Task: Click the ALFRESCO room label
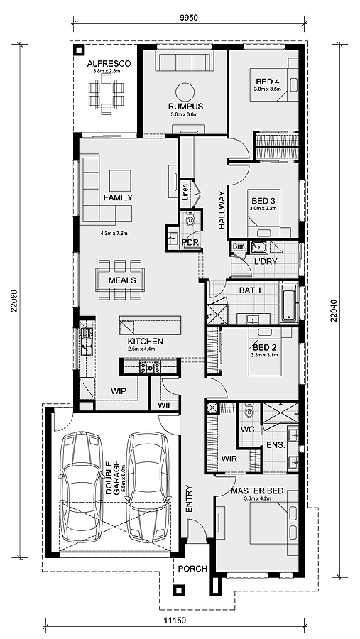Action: point(109,64)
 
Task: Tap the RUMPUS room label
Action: point(185,106)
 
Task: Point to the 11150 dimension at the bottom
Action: point(175,621)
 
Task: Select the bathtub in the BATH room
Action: point(289,302)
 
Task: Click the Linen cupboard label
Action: point(185,192)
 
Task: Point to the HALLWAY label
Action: point(222,210)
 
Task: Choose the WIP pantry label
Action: point(119,391)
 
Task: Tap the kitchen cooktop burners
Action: point(150,367)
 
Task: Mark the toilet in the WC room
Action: point(249,413)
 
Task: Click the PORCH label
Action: point(192,569)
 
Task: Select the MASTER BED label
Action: point(257,491)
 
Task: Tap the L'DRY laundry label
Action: point(266,261)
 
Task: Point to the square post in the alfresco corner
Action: point(78,50)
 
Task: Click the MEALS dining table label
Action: point(122,280)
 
